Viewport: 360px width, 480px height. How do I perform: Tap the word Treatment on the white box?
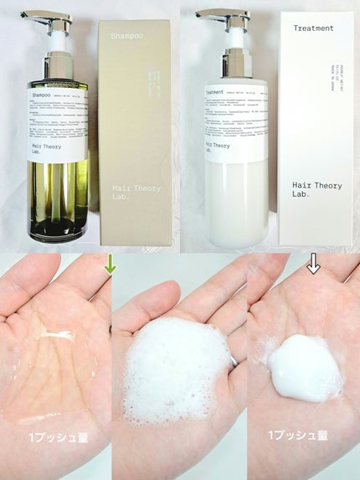313,28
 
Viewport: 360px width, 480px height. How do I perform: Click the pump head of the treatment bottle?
219,16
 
